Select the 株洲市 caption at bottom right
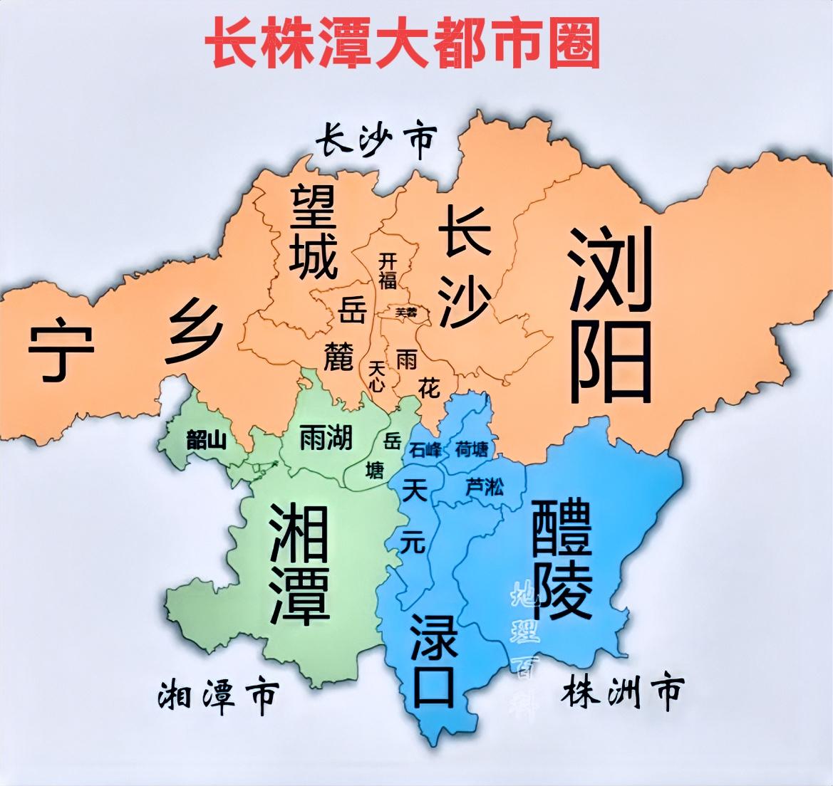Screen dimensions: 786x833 pyautogui.click(x=623, y=690)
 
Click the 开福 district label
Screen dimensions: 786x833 pyautogui.click(x=387, y=269)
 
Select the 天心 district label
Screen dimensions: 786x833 pyautogui.click(x=377, y=375)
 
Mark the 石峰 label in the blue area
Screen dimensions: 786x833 pyautogui.click(x=426, y=450)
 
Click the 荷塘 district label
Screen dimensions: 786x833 pyautogui.click(x=472, y=449)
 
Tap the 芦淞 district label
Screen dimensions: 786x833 pyautogui.click(x=484, y=487)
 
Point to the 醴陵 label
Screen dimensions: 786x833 pyautogui.click(x=562, y=560)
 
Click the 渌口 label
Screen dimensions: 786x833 pyautogui.click(x=433, y=659)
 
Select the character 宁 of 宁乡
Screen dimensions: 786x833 pyautogui.click(x=61, y=351)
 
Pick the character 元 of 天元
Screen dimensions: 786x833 pyautogui.click(x=413, y=542)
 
